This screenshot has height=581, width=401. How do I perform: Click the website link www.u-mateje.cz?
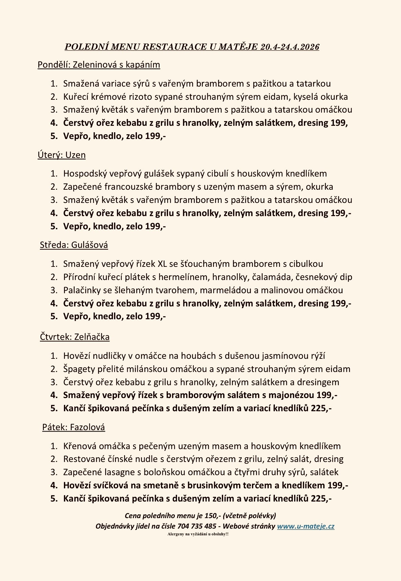(x=306, y=526)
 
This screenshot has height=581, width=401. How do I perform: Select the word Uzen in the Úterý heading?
(x=75, y=155)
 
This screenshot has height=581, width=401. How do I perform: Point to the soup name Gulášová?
(x=90, y=245)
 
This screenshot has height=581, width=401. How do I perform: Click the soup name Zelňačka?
(x=92, y=337)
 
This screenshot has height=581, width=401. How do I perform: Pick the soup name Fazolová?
(x=88, y=427)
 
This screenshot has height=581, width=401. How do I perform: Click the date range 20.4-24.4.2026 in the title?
(x=290, y=47)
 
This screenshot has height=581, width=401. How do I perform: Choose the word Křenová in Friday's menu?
(x=79, y=446)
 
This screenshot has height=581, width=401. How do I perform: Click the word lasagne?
(x=119, y=472)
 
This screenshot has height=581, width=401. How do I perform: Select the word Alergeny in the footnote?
(x=175, y=534)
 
